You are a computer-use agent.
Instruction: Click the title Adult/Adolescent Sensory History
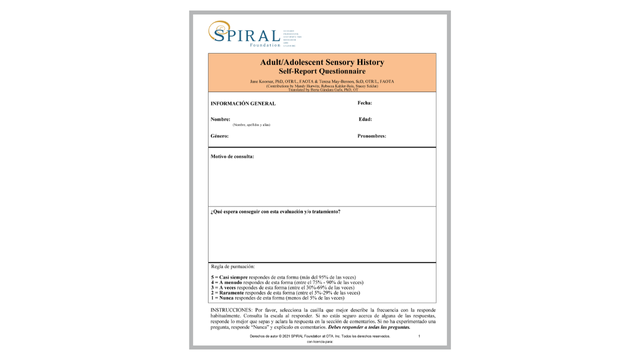tap(321, 62)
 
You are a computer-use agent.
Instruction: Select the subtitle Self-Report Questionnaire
tap(321, 70)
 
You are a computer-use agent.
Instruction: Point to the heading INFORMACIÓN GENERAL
tap(243, 103)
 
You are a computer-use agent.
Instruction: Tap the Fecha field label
tap(365, 103)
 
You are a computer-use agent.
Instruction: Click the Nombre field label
tap(221, 119)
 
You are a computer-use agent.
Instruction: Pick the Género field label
tap(220, 135)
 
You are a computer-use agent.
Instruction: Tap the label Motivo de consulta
tap(232, 157)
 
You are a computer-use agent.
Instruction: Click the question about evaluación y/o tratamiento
tap(276, 212)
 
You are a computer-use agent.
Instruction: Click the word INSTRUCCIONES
tap(232, 311)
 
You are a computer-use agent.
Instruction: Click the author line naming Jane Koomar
tap(321, 79)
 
